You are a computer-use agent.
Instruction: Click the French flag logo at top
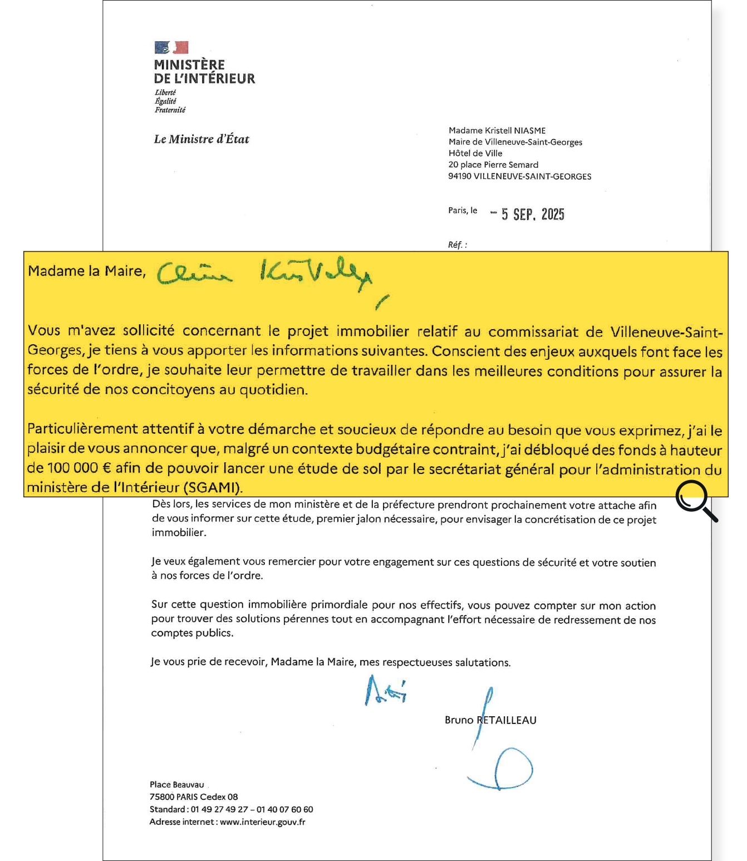point(171,47)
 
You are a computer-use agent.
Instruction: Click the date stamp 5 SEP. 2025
point(532,214)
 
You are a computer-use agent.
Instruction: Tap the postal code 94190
point(460,177)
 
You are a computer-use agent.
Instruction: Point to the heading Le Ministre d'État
point(202,139)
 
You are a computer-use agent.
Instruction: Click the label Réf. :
point(457,244)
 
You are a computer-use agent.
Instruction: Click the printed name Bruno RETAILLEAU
point(490,720)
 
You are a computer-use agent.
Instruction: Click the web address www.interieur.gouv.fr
point(263,822)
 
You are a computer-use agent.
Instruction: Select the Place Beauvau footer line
point(176,785)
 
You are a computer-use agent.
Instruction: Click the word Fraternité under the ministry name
point(170,110)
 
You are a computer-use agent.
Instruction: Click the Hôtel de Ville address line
point(475,153)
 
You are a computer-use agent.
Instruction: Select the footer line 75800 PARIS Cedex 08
point(194,797)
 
